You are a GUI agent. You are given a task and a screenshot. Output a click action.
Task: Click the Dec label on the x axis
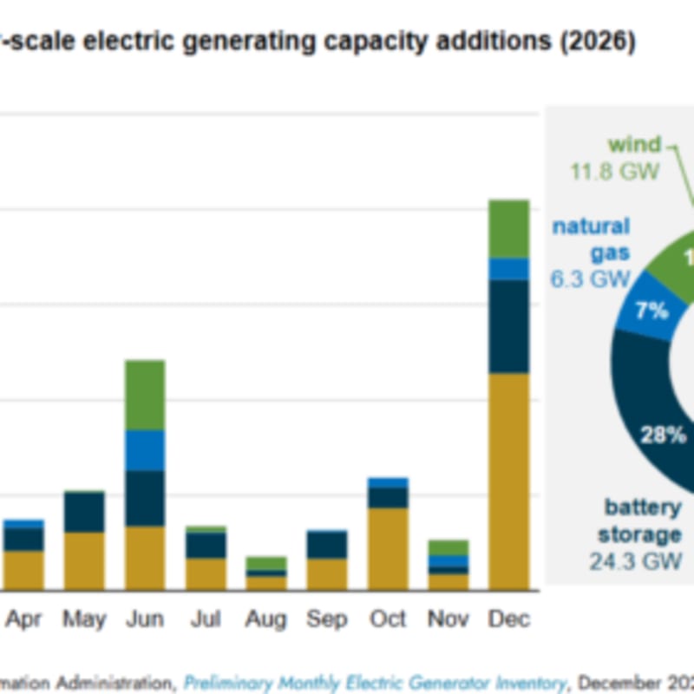[508, 619]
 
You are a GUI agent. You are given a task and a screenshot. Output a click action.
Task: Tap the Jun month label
[145, 619]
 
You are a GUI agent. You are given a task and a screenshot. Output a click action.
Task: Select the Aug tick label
[266, 619]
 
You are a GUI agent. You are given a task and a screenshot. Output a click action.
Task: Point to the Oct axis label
[387, 619]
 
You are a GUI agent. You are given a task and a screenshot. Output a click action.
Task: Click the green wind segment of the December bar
[508, 228]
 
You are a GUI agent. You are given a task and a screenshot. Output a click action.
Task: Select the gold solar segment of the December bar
[508, 481]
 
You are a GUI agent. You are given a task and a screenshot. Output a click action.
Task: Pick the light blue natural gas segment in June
[145, 450]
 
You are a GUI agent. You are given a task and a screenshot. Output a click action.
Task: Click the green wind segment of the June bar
[145, 395]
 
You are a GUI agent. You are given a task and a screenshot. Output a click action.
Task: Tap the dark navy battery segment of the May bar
[84, 512]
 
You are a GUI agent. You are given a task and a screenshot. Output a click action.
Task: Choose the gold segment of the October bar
[387, 548]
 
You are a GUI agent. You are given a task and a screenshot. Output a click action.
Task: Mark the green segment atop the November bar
[448, 547]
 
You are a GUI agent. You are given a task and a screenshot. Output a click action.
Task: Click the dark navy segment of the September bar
[326, 545]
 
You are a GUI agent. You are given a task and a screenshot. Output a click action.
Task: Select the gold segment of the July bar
[206, 573]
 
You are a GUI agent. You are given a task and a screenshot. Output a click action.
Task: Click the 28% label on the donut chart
[663, 435]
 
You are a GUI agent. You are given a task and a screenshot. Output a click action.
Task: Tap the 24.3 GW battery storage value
[636, 561]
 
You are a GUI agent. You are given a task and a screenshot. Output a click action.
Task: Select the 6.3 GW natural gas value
[589, 279]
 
